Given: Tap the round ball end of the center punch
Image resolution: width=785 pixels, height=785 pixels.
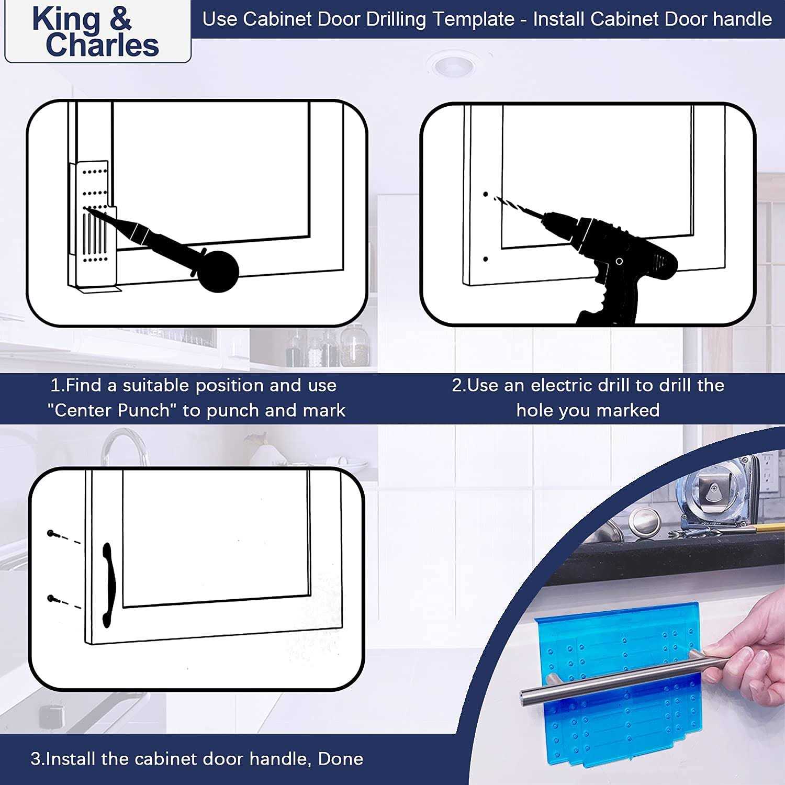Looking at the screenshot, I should (218, 272).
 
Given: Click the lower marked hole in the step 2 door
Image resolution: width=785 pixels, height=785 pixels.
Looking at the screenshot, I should (486, 259).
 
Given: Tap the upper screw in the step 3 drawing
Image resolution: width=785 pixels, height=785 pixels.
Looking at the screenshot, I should (51, 533).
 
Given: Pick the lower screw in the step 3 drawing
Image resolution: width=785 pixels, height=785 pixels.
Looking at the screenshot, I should (51, 598).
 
